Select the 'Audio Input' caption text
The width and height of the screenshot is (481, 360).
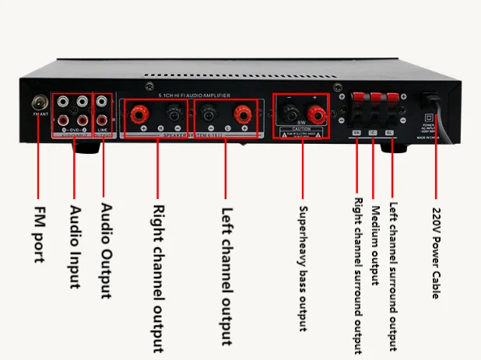[75, 246]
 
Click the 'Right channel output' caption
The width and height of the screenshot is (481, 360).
[158, 274]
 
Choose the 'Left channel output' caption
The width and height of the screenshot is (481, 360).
[226, 274]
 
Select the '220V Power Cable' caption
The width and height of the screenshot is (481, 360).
[437, 252]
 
